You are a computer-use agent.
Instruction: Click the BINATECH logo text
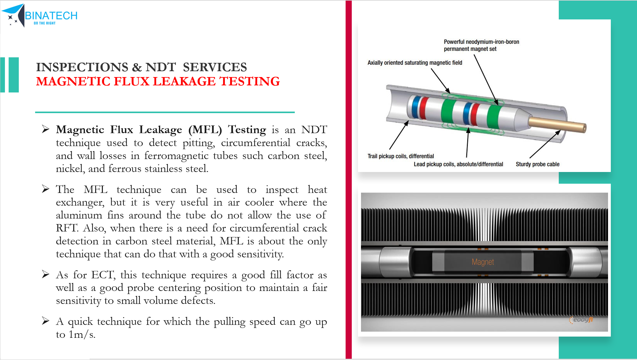click(51, 15)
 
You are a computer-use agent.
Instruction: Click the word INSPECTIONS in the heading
click(82, 67)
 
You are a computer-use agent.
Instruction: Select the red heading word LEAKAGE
click(184, 81)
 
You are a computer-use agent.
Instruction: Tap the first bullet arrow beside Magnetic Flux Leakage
click(46, 129)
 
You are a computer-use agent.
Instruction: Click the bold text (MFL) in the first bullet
click(205, 129)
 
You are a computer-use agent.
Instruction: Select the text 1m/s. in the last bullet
click(82, 334)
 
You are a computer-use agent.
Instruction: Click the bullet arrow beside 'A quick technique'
click(46, 321)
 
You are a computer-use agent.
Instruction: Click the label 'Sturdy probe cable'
click(538, 164)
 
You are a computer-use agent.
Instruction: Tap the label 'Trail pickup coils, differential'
click(401, 156)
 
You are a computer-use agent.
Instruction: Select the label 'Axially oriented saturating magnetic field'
click(415, 63)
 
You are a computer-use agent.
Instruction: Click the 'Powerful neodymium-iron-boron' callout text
click(481, 42)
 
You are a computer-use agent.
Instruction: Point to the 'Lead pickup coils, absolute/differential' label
click(458, 164)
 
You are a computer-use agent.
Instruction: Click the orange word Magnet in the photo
click(483, 262)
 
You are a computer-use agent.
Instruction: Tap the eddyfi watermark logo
click(581, 320)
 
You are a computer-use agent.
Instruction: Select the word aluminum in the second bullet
click(79, 215)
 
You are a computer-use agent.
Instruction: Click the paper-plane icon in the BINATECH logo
click(13, 15)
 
